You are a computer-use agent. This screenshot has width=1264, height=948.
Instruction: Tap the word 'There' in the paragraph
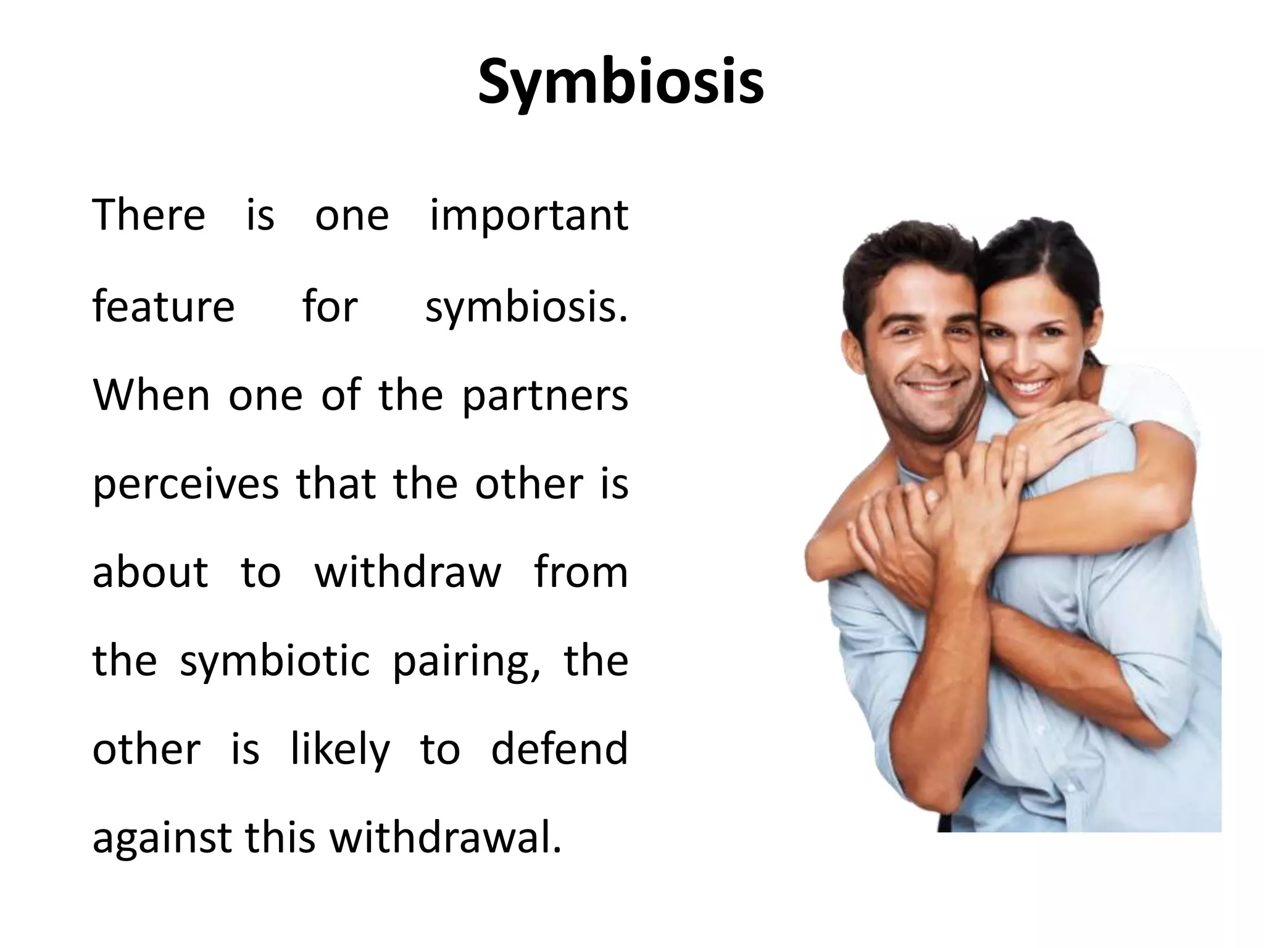(x=149, y=215)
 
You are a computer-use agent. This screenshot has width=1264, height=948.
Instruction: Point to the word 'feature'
(x=164, y=306)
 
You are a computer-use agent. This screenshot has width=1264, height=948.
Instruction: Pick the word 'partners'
(x=545, y=396)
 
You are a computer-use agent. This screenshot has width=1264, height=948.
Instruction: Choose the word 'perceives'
(x=186, y=485)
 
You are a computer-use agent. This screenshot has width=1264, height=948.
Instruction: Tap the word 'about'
(x=150, y=573)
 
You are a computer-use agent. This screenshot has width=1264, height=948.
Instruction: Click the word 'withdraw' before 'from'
(x=408, y=573)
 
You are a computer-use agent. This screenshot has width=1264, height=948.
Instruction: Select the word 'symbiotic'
(x=275, y=662)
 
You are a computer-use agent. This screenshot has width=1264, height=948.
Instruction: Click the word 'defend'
(x=559, y=749)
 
